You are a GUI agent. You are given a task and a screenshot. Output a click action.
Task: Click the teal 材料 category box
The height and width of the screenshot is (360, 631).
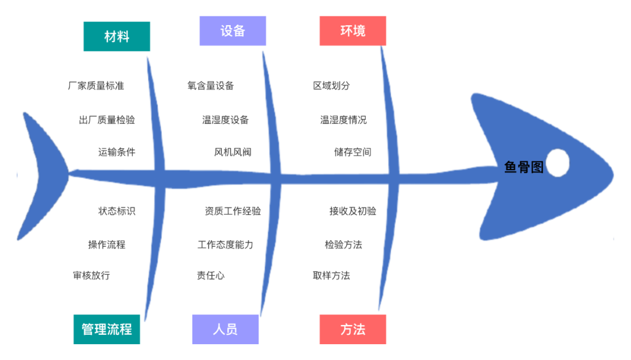(116, 36)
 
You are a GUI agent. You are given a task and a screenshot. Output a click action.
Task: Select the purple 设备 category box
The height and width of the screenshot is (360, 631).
(233, 31)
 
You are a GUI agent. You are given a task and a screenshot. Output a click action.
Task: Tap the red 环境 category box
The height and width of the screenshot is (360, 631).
(352, 31)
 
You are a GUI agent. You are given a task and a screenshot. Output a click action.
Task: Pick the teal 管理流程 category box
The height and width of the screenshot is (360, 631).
(106, 329)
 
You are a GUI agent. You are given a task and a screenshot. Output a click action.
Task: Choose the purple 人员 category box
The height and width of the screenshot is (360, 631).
(225, 329)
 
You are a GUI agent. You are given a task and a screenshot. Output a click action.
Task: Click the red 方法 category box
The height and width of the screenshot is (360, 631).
(352, 329)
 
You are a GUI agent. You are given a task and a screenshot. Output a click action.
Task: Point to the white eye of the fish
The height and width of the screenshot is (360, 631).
(557, 162)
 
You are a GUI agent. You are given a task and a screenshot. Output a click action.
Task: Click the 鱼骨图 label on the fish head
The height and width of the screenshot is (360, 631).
(523, 168)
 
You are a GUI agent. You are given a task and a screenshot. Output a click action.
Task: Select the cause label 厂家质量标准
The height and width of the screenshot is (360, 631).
(96, 86)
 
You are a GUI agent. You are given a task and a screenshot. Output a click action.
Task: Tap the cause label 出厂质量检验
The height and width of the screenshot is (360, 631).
(106, 120)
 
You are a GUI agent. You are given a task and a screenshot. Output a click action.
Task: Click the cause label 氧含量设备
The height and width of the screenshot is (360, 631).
(210, 86)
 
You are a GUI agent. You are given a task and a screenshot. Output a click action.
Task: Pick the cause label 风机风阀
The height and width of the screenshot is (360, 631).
(233, 153)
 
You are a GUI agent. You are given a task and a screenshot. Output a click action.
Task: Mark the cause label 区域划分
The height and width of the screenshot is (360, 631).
(331, 86)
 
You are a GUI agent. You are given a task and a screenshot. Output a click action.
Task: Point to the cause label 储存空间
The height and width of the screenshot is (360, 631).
(352, 153)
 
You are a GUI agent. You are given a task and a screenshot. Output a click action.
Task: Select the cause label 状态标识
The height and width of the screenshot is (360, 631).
(117, 211)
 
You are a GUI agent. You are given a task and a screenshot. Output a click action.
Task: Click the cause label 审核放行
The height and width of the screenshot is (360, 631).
(91, 275)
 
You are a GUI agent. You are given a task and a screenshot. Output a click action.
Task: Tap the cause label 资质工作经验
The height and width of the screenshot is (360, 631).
(233, 211)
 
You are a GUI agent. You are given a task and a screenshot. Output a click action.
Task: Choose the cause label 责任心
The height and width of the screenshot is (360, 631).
(210, 275)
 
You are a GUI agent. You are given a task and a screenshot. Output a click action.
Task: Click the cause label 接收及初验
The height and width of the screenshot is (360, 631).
(352, 211)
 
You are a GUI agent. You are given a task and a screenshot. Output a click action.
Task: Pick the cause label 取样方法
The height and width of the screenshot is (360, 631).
(331, 275)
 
